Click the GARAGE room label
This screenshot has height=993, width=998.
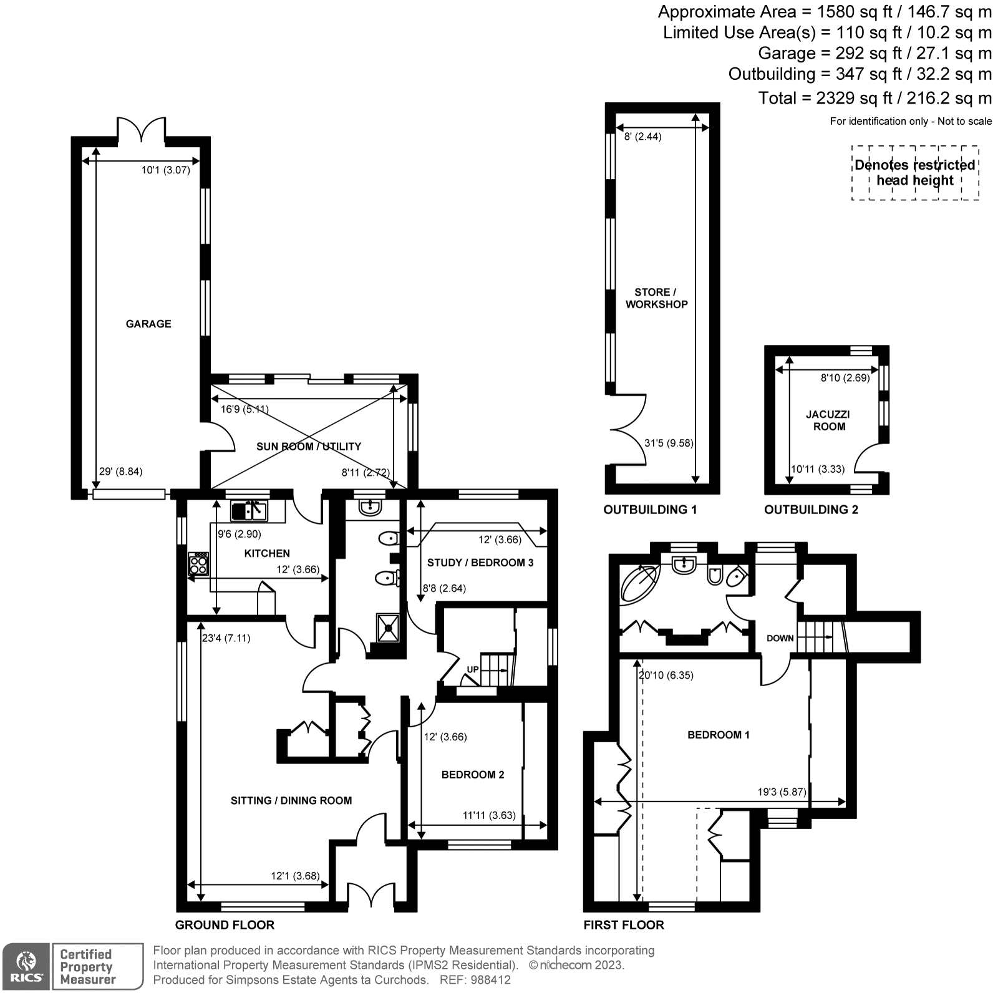click(x=148, y=324)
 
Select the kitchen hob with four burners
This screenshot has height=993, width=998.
click(x=198, y=563)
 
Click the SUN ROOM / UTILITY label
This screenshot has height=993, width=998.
click(x=309, y=446)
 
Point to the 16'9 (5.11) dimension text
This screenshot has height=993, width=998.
click(x=245, y=409)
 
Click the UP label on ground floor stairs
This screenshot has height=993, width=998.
click(x=473, y=669)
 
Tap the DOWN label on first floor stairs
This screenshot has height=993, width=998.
click(x=780, y=638)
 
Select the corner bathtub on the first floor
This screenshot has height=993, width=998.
click(x=638, y=583)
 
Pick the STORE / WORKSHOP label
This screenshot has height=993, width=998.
click(x=656, y=298)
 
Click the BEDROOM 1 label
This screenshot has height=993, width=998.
click(x=719, y=735)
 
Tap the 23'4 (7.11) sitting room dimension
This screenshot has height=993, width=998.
click(x=226, y=638)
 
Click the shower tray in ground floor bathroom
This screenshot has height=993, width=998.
click(x=387, y=627)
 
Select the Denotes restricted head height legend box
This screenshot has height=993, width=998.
click(x=915, y=173)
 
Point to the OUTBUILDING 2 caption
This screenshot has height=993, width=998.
click(x=811, y=510)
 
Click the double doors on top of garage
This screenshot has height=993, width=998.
click(x=142, y=128)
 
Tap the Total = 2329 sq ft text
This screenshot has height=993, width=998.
click(x=874, y=98)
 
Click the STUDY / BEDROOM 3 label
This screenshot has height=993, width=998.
click(x=480, y=563)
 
